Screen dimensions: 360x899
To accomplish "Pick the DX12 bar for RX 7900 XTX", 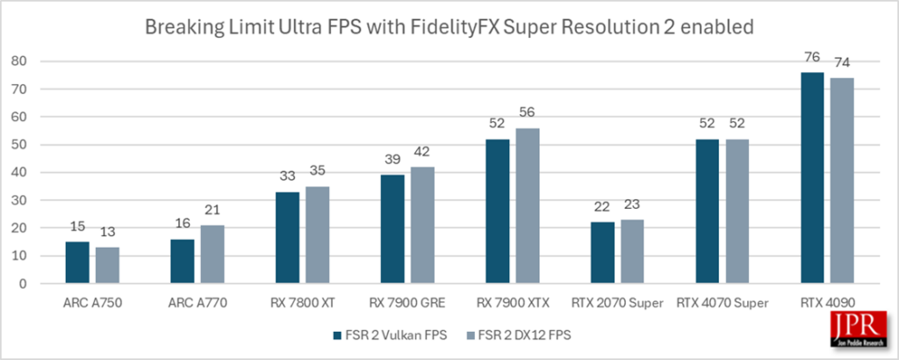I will point(526,205).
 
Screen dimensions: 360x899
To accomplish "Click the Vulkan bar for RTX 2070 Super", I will point(602,253).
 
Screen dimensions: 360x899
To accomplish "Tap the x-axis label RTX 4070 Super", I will point(717,303).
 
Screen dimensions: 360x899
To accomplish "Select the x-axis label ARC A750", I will point(86,303).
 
